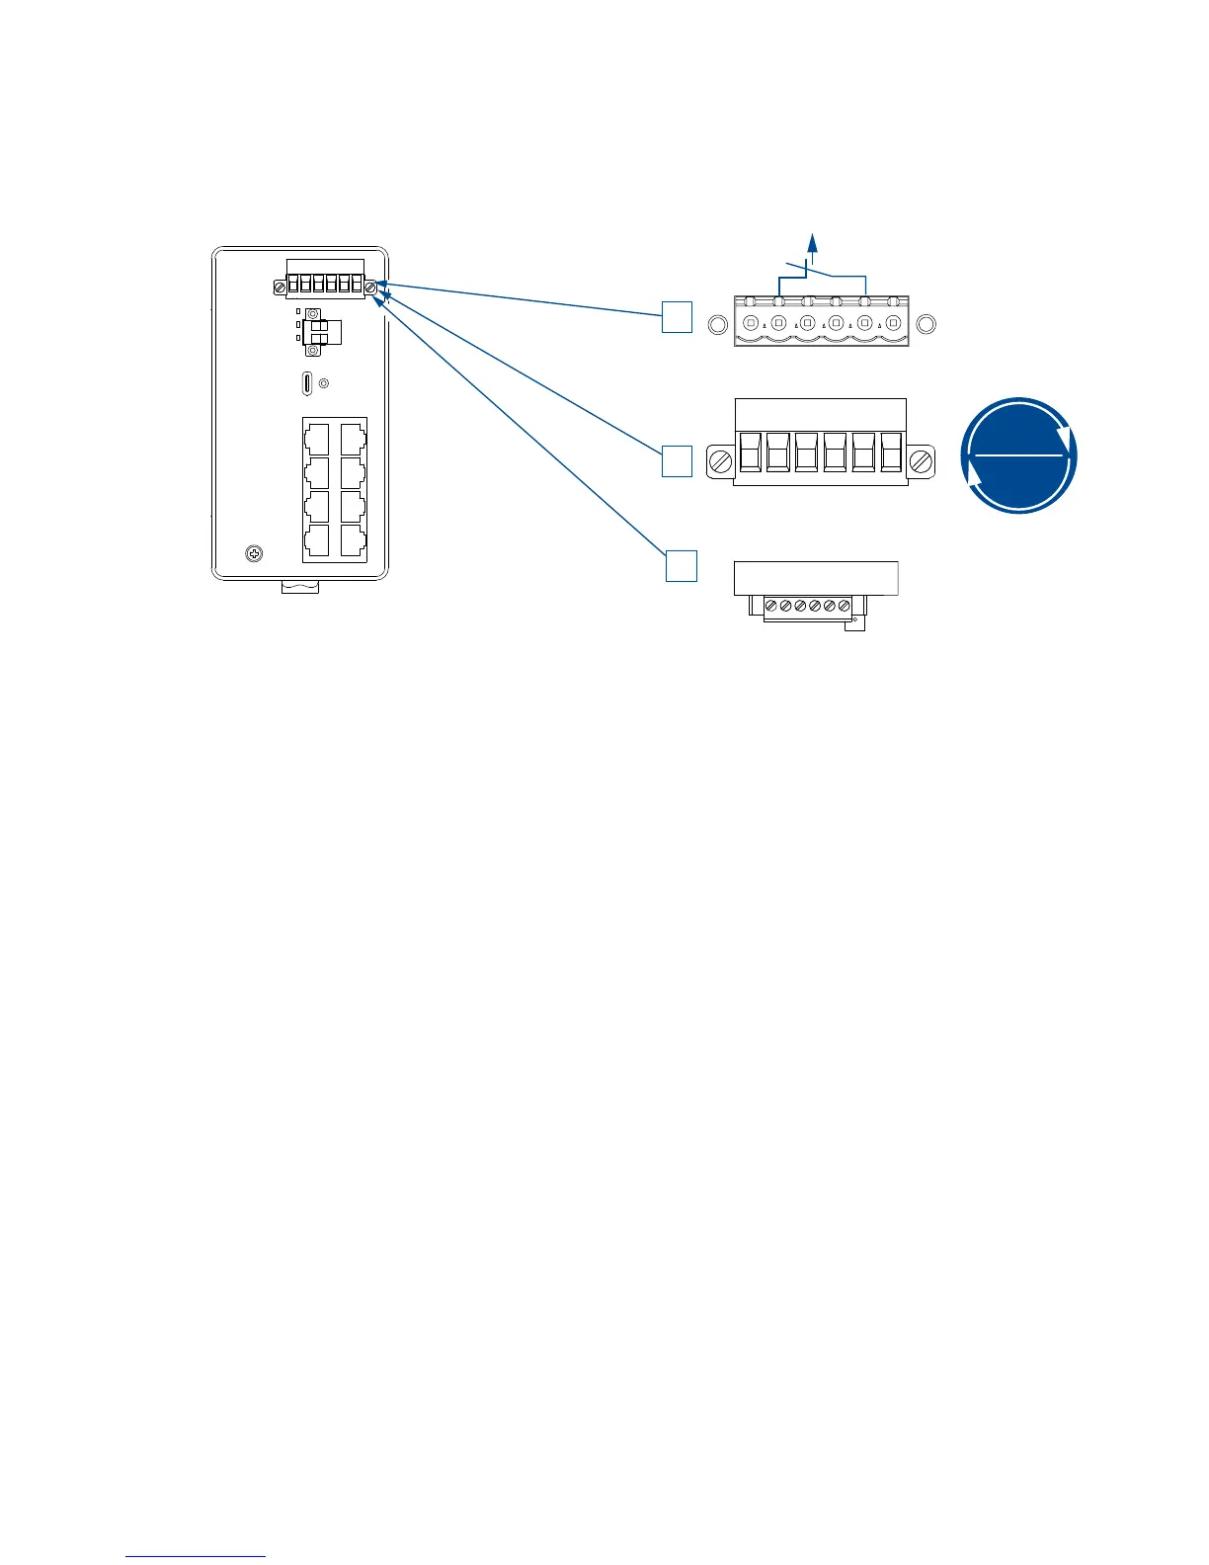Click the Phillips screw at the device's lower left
coord(253,554)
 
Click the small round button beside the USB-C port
coord(325,383)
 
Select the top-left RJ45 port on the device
coord(317,438)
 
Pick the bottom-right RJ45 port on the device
coord(352,540)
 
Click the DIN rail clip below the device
coord(300,587)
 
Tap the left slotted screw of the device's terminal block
coord(281,287)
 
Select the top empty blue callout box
coord(677,316)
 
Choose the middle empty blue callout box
coord(677,461)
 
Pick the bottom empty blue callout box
coord(681,565)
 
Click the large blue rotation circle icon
coord(1018,455)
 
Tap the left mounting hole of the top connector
coord(718,323)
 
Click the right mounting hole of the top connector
coord(927,323)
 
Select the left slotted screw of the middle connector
coord(721,459)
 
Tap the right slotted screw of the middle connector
coord(921,459)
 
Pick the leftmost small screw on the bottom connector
coord(771,605)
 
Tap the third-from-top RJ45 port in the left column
coord(317,507)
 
